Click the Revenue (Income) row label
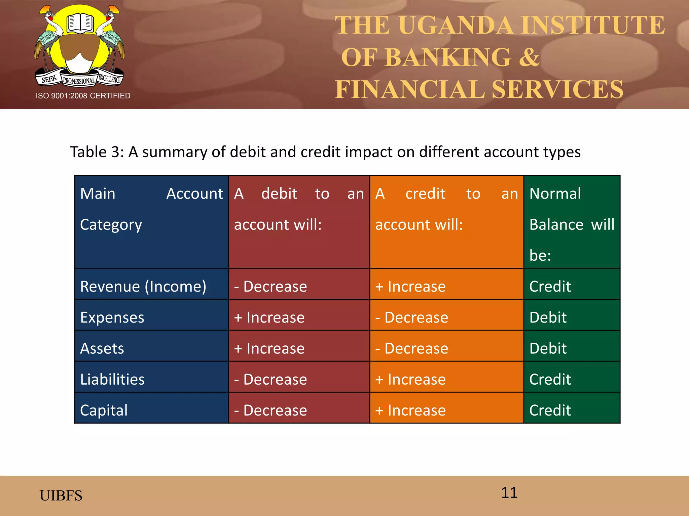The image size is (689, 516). pos(143,287)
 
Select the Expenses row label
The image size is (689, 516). pos(112,317)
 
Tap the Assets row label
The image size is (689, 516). pos(102,348)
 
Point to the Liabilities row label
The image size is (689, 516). pos(112,379)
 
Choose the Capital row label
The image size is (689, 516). pos(104,410)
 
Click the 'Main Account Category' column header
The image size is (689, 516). pos(151,209)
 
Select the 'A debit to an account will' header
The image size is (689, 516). pos(299,209)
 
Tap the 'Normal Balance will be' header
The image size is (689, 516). pos(572,224)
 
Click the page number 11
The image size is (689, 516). pos(509,492)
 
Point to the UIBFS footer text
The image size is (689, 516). pos(61,496)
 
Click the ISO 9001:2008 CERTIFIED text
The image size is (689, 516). pos(83,96)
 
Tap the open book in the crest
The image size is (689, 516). pos(80,23)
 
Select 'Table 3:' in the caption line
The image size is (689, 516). pos(97,152)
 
